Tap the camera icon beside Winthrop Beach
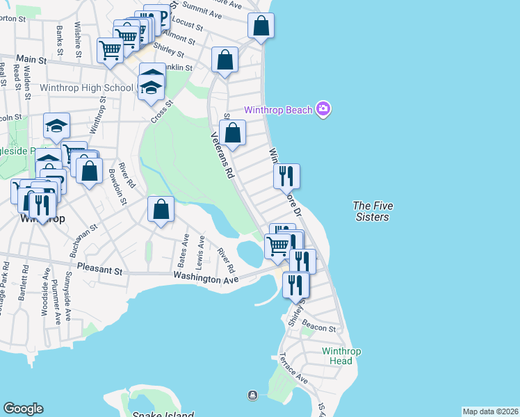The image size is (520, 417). pyautogui.click(x=323, y=109)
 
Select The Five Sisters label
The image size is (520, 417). pyautogui.click(x=371, y=211)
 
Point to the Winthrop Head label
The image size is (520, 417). pyautogui.click(x=341, y=356)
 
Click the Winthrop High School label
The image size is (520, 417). pyautogui.click(x=86, y=88)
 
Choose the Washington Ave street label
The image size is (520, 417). pyautogui.click(x=205, y=278)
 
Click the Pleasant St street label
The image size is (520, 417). pyautogui.click(x=99, y=266)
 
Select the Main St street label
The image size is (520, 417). pyautogui.click(x=31, y=60)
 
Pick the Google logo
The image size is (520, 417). pyautogui.click(x=23, y=409)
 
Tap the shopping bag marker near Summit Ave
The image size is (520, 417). pyautogui.click(x=261, y=26)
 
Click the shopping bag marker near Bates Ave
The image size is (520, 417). pyautogui.click(x=161, y=209)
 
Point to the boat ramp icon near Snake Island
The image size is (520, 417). pyautogui.click(x=252, y=395)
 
